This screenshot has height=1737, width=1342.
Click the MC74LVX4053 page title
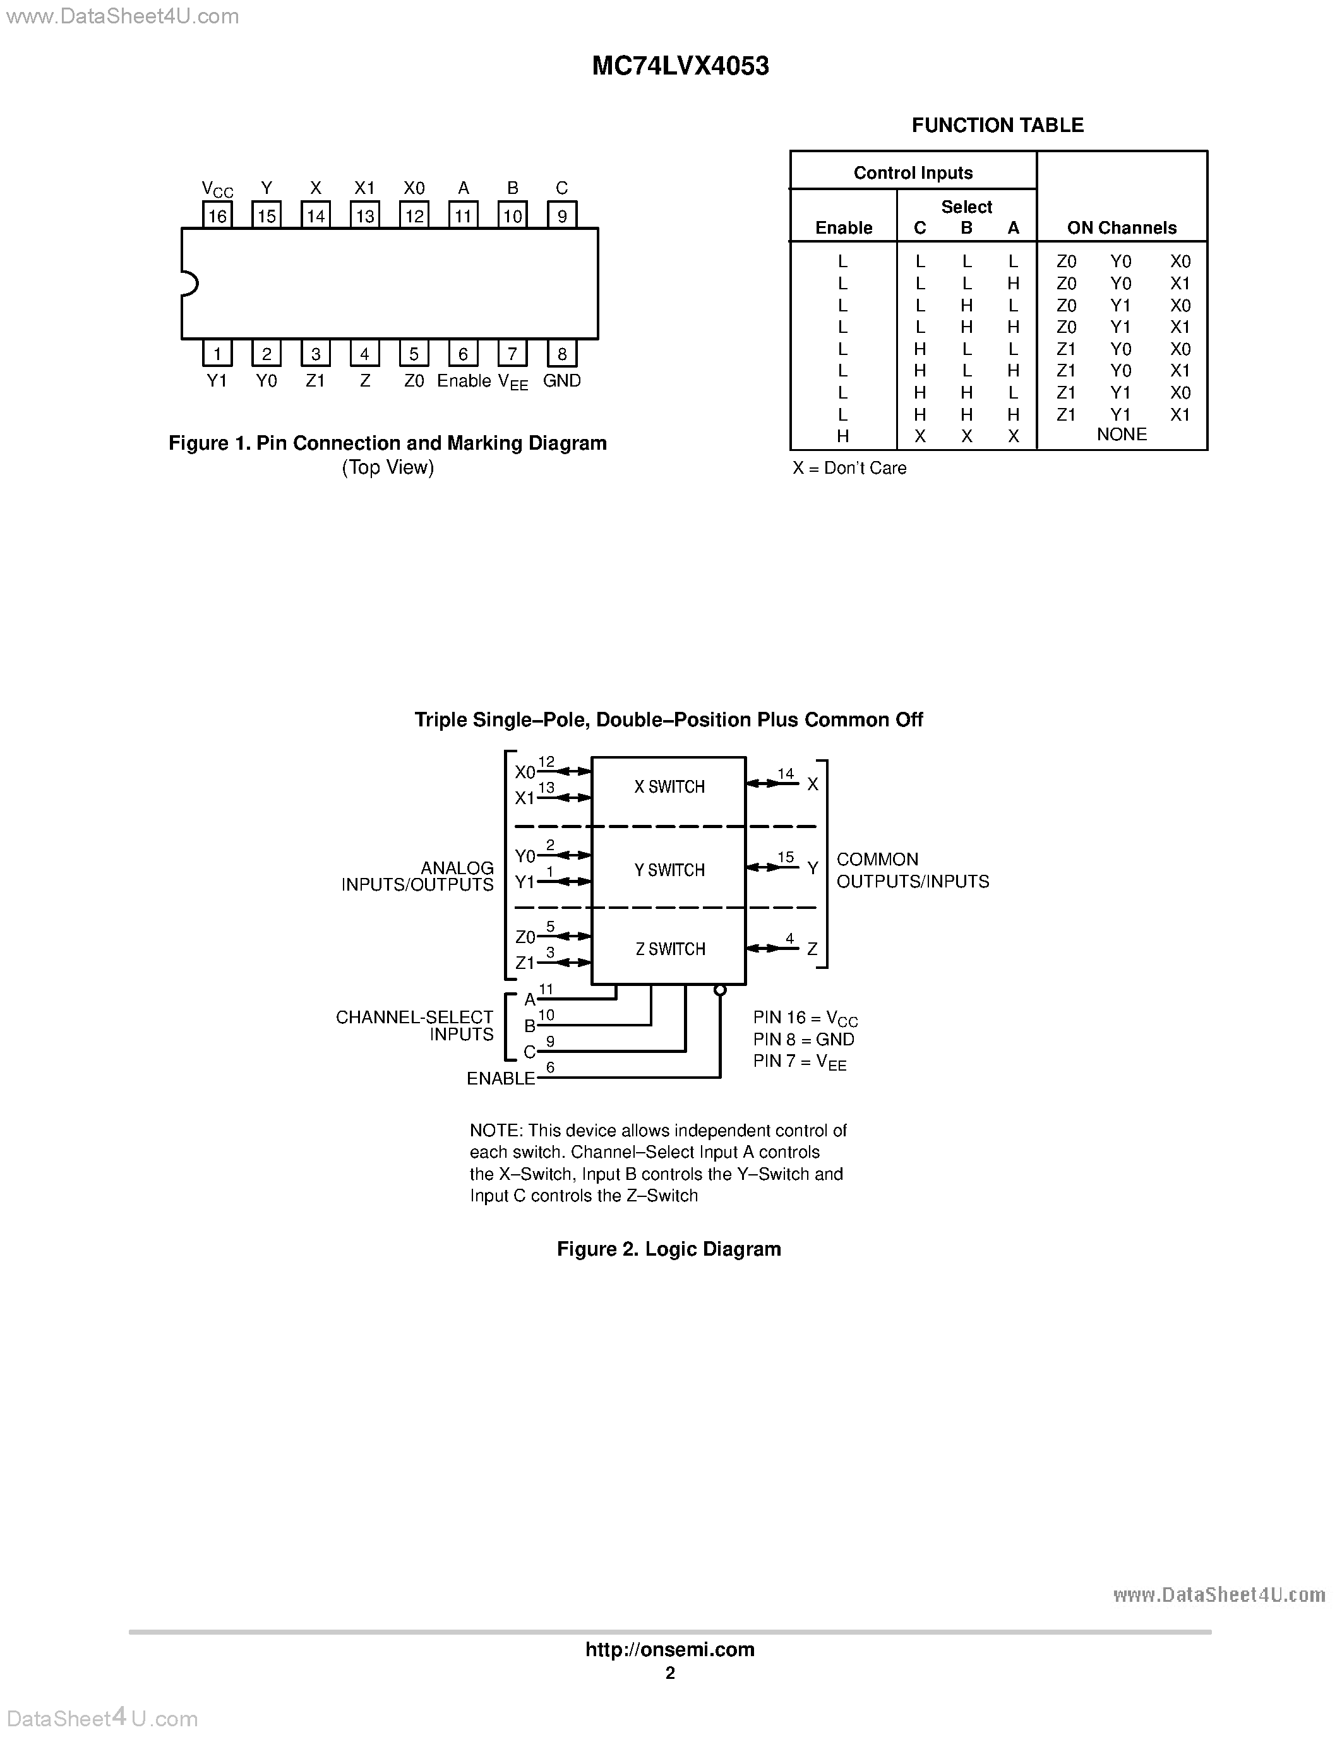click(x=681, y=67)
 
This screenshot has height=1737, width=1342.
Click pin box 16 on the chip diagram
click(x=217, y=215)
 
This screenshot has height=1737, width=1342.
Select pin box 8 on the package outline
click(x=562, y=354)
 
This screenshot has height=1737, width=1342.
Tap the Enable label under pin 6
click(x=464, y=381)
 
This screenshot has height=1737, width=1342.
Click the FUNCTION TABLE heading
click(x=997, y=126)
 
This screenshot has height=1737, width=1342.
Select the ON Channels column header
click(x=1121, y=228)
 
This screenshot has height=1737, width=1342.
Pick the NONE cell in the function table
click(x=1121, y=435)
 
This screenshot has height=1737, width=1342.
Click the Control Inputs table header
click(x=913, y=173)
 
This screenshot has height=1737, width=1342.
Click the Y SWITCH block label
click(x=669, y=870)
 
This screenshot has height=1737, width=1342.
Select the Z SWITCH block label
click(x=670, y=949)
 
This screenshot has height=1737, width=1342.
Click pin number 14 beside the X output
click(x=786, y=774)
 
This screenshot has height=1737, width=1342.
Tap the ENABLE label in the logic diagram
click(x=501, y=1078)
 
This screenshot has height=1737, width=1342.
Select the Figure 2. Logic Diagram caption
click(x=669, y=1249)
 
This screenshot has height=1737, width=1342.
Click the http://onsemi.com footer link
click(x=669, y=1649)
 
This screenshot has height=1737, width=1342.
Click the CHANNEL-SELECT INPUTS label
click(x=414, y=1026)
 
